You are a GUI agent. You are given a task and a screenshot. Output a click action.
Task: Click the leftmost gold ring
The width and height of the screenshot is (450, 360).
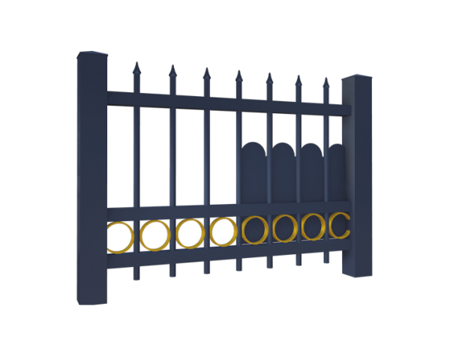(x=121, y=236)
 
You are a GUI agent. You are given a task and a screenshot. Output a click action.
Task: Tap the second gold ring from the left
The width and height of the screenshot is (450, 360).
(x=155, y=235)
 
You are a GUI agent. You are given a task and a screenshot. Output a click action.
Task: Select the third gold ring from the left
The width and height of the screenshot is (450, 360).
(x=189, y=232)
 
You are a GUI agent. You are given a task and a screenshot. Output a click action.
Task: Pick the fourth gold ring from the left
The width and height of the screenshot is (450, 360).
(x=223, y=230)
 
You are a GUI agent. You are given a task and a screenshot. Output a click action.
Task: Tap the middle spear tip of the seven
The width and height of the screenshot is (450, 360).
(x=238, y=76)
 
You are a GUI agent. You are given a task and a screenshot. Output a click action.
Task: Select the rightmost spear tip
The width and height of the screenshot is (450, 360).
(x=325, y=82)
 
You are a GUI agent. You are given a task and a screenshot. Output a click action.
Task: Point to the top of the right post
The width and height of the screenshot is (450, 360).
(x=358, y=80)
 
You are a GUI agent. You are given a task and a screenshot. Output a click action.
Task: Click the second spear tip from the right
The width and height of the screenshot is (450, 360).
(x=298, y=79)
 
